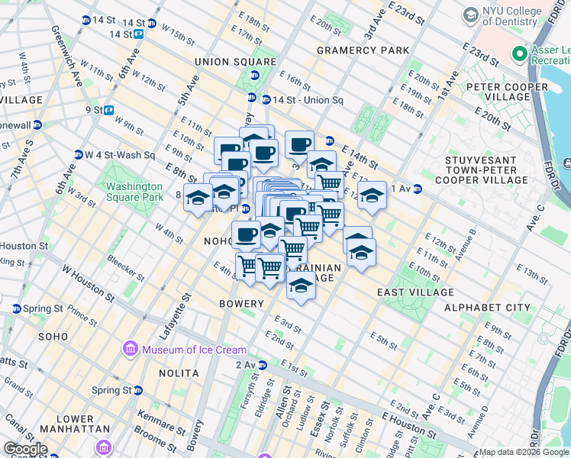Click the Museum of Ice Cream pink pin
(x=130, y=350)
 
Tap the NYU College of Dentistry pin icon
(x=470, y=13)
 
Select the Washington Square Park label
(x=134, y=192)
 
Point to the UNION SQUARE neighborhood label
(x=224, y=62)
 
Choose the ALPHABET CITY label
(x=486, y=308)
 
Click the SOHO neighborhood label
(x=53, y=336)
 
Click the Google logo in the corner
(x=25, y=448)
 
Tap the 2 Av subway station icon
(x=262, y=365)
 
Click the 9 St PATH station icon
(x=109, y=109)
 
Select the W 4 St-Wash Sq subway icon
(x=78, y=155)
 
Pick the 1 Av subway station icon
(x=417, y=189)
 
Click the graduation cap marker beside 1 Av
(x=372, y=195)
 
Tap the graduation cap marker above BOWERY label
(x=302, y=285)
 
